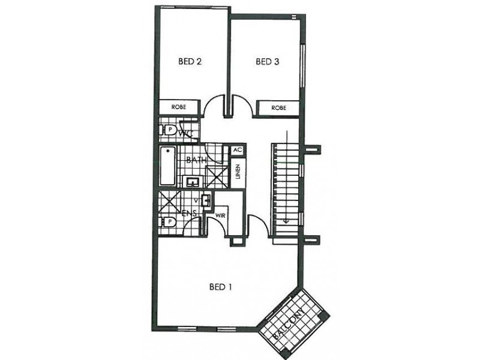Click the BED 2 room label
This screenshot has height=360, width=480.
click(189, 61)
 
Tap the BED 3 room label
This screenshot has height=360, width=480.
click(267, 61)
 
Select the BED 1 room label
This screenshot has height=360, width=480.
click(220, 287)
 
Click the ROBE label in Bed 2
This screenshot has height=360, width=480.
click(179, 107)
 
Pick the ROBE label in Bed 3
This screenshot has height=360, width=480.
click(278, 109)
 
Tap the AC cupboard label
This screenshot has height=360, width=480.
click(236, 150)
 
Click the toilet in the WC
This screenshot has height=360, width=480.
click(169, 130)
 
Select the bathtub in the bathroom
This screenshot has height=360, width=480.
click(167, 166)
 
